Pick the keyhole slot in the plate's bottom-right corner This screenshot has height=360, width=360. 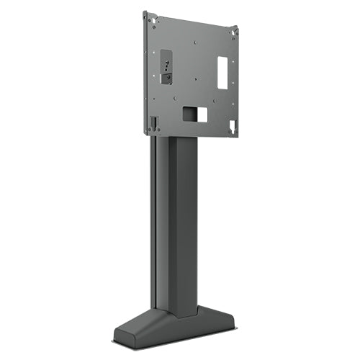coord(232,127)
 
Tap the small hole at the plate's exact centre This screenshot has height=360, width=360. coord(192,75)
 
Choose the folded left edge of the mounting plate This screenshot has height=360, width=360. coord(145,72)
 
